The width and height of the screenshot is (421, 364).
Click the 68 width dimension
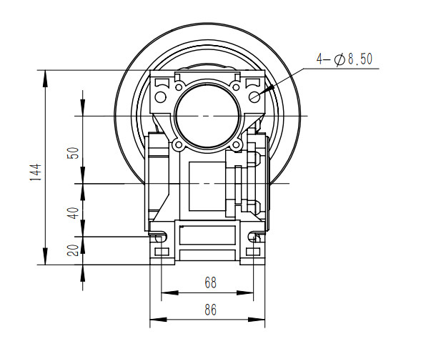[x=209, y=282]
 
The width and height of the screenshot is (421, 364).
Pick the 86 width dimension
[x=209, y=310]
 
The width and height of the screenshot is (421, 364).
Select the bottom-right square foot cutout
[x=253, y=251]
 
